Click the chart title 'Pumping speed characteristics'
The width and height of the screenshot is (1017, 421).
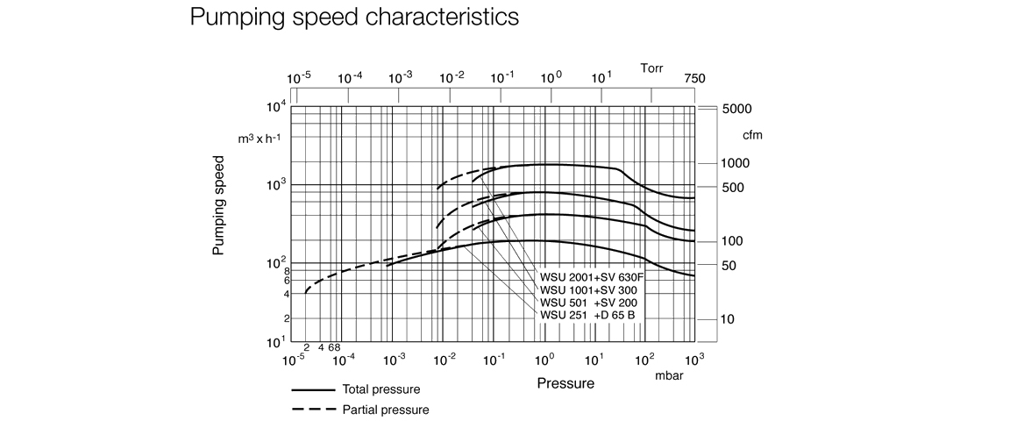(x=353, y=18)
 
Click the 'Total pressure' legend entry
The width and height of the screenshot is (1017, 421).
(x=381, y=389)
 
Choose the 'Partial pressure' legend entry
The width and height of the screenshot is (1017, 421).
(x=385, y=410)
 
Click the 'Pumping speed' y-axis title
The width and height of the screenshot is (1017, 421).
(x=219, y=207)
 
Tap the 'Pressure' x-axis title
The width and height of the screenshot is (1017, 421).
(x=565, y=383)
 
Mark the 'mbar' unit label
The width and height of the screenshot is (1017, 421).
(x=670, y=376)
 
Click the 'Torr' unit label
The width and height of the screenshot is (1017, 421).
(x=651, y=68)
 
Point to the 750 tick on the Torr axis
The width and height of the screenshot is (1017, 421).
(x=694, y=78)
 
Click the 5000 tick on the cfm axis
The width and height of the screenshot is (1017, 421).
(x=737, y=110)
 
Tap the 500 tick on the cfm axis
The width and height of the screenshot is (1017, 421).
(x=733, y=188)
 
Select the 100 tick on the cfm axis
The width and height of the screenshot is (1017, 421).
(x=733, y=241)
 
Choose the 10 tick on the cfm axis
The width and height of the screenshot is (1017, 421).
(x=729, y=319)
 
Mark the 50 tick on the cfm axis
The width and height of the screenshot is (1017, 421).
(x=729, y=266)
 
